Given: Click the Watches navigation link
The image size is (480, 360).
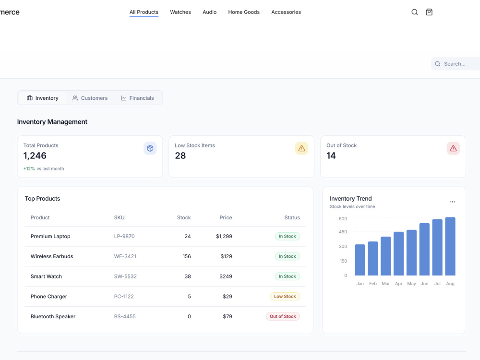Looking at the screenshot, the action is [x=180, y=12].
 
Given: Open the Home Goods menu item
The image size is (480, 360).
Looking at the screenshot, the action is [x=244, y=12].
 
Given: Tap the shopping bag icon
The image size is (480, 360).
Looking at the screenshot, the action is [x=429, y=12].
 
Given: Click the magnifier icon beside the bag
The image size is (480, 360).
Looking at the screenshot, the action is [x=415, y=12].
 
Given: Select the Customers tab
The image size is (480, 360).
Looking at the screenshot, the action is [x=90, y=98].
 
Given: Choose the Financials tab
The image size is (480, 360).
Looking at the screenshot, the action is [x=137, y=98].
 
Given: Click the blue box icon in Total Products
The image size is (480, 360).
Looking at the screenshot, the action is [x=150, y=148].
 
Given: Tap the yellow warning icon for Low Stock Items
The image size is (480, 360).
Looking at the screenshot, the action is [x=301, y=148].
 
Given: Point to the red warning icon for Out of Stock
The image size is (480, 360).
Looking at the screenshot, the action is [x=453, y=148].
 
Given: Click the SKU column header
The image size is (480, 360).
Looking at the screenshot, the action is [x=119, y=217].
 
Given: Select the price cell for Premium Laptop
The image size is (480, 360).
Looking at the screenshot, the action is [x=224, y=236].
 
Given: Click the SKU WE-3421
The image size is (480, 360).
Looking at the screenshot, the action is [x=125, y=256].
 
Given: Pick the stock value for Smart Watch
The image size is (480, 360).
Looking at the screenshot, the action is [x=188, y=276].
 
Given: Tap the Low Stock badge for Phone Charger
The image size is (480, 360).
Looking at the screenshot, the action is [x=285, y=296].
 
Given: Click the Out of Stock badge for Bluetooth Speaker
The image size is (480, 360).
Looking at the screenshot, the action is [x=283, y=316].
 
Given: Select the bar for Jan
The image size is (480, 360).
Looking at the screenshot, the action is [x=360, y=260].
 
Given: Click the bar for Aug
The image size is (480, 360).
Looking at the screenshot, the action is [x=450, y=246].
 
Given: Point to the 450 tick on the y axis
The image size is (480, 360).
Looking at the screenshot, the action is [x=343, y=232].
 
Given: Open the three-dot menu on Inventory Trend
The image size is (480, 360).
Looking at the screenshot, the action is [x=453, y=202].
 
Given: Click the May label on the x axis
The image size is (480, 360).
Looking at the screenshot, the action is [x=411, y=284].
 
